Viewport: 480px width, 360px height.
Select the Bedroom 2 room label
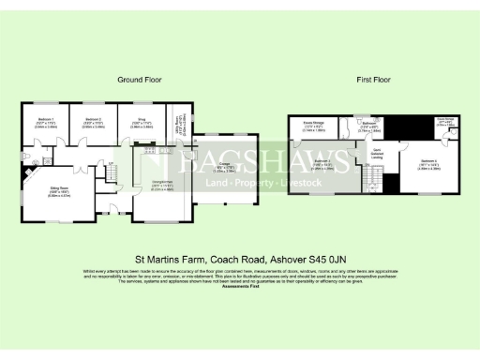(92, 122)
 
